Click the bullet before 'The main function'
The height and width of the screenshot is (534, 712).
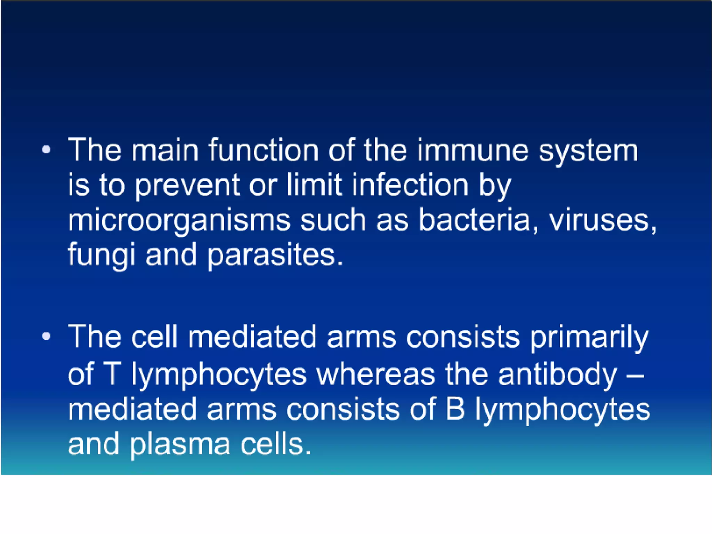coord(46,150)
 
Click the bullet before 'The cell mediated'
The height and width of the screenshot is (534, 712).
coord(46,336)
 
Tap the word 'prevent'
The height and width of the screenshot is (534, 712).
coord(187,186)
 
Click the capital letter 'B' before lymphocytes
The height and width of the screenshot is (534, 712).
coord(455,409)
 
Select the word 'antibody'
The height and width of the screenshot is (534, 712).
coord(557,375)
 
